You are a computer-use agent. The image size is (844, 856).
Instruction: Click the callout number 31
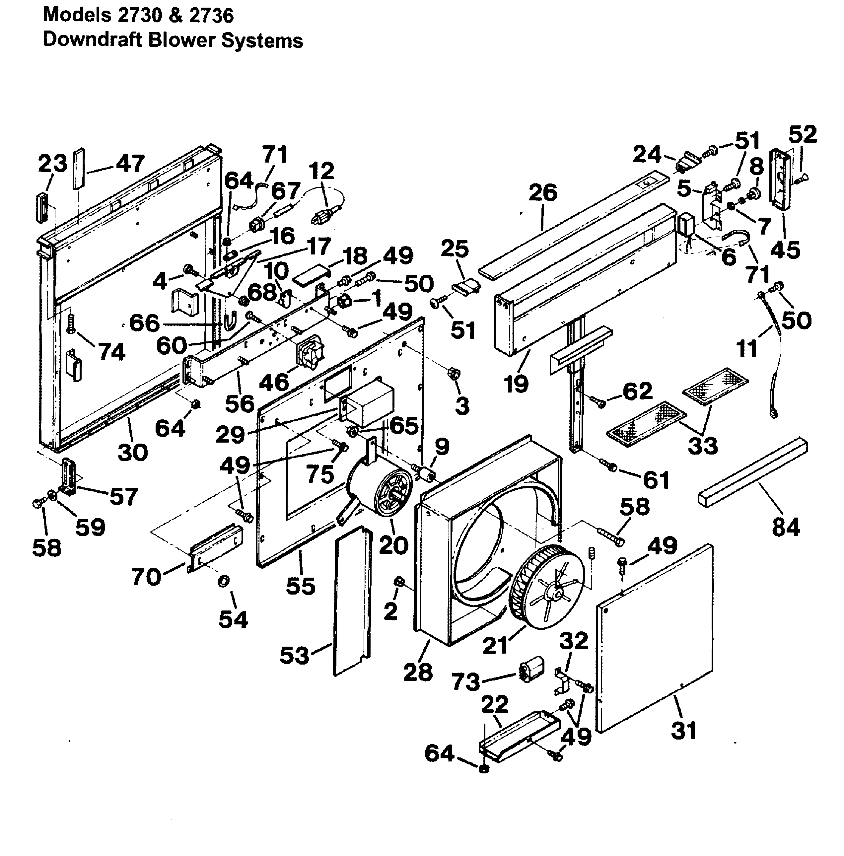pyautogui.click(x=684, y=730)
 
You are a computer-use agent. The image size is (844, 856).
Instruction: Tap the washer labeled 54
pyautogui.click(x=224, y=580)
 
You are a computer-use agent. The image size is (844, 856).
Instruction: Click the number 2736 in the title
pyautogui.click(x=211, y=16)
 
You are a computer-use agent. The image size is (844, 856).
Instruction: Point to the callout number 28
pyautogui.click(x=418, y=672)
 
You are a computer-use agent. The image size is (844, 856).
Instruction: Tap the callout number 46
pyautogui.click(x=274, y=382)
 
